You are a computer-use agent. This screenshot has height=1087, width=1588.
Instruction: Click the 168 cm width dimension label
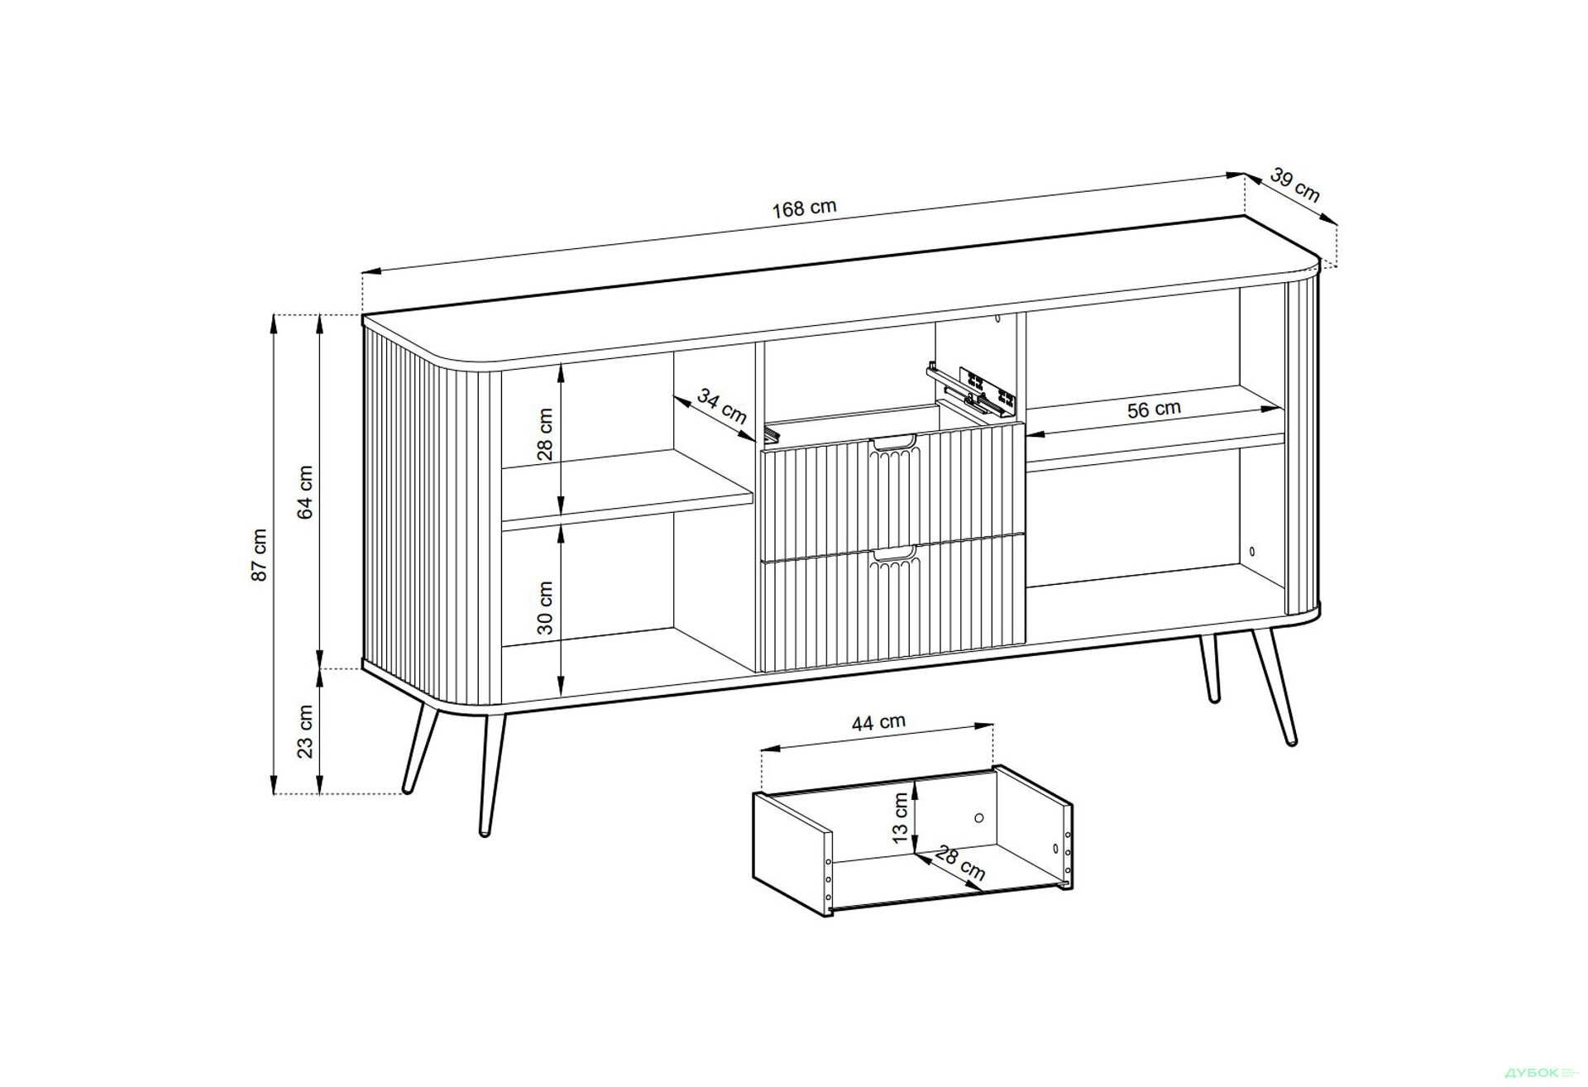click(x=804, y=208)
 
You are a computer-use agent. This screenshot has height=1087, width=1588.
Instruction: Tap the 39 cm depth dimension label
click(x=1294, y=185)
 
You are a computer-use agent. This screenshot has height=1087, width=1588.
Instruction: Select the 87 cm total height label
click(x=260, y=554)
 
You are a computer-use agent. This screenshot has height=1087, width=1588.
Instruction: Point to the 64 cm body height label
click(x=306, y=491)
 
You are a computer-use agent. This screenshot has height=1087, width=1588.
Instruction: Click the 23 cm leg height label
click(x=306, y=731)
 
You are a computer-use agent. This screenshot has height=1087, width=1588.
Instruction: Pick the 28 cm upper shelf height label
click(x=545, y=434)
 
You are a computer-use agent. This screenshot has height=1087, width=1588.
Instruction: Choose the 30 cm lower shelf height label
click(x=545, y=607)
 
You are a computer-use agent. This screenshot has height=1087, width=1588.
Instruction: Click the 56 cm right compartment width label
click(x=1154, y=409)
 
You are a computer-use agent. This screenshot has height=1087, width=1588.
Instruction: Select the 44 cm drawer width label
click(x=878, y=722)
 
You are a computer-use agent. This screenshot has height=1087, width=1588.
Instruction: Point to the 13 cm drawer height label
click(x=901, y=818)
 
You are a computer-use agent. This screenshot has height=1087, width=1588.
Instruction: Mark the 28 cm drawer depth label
click(x=961, y=863)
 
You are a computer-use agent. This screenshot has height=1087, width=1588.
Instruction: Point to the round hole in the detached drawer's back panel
click(x=978, y=818)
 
